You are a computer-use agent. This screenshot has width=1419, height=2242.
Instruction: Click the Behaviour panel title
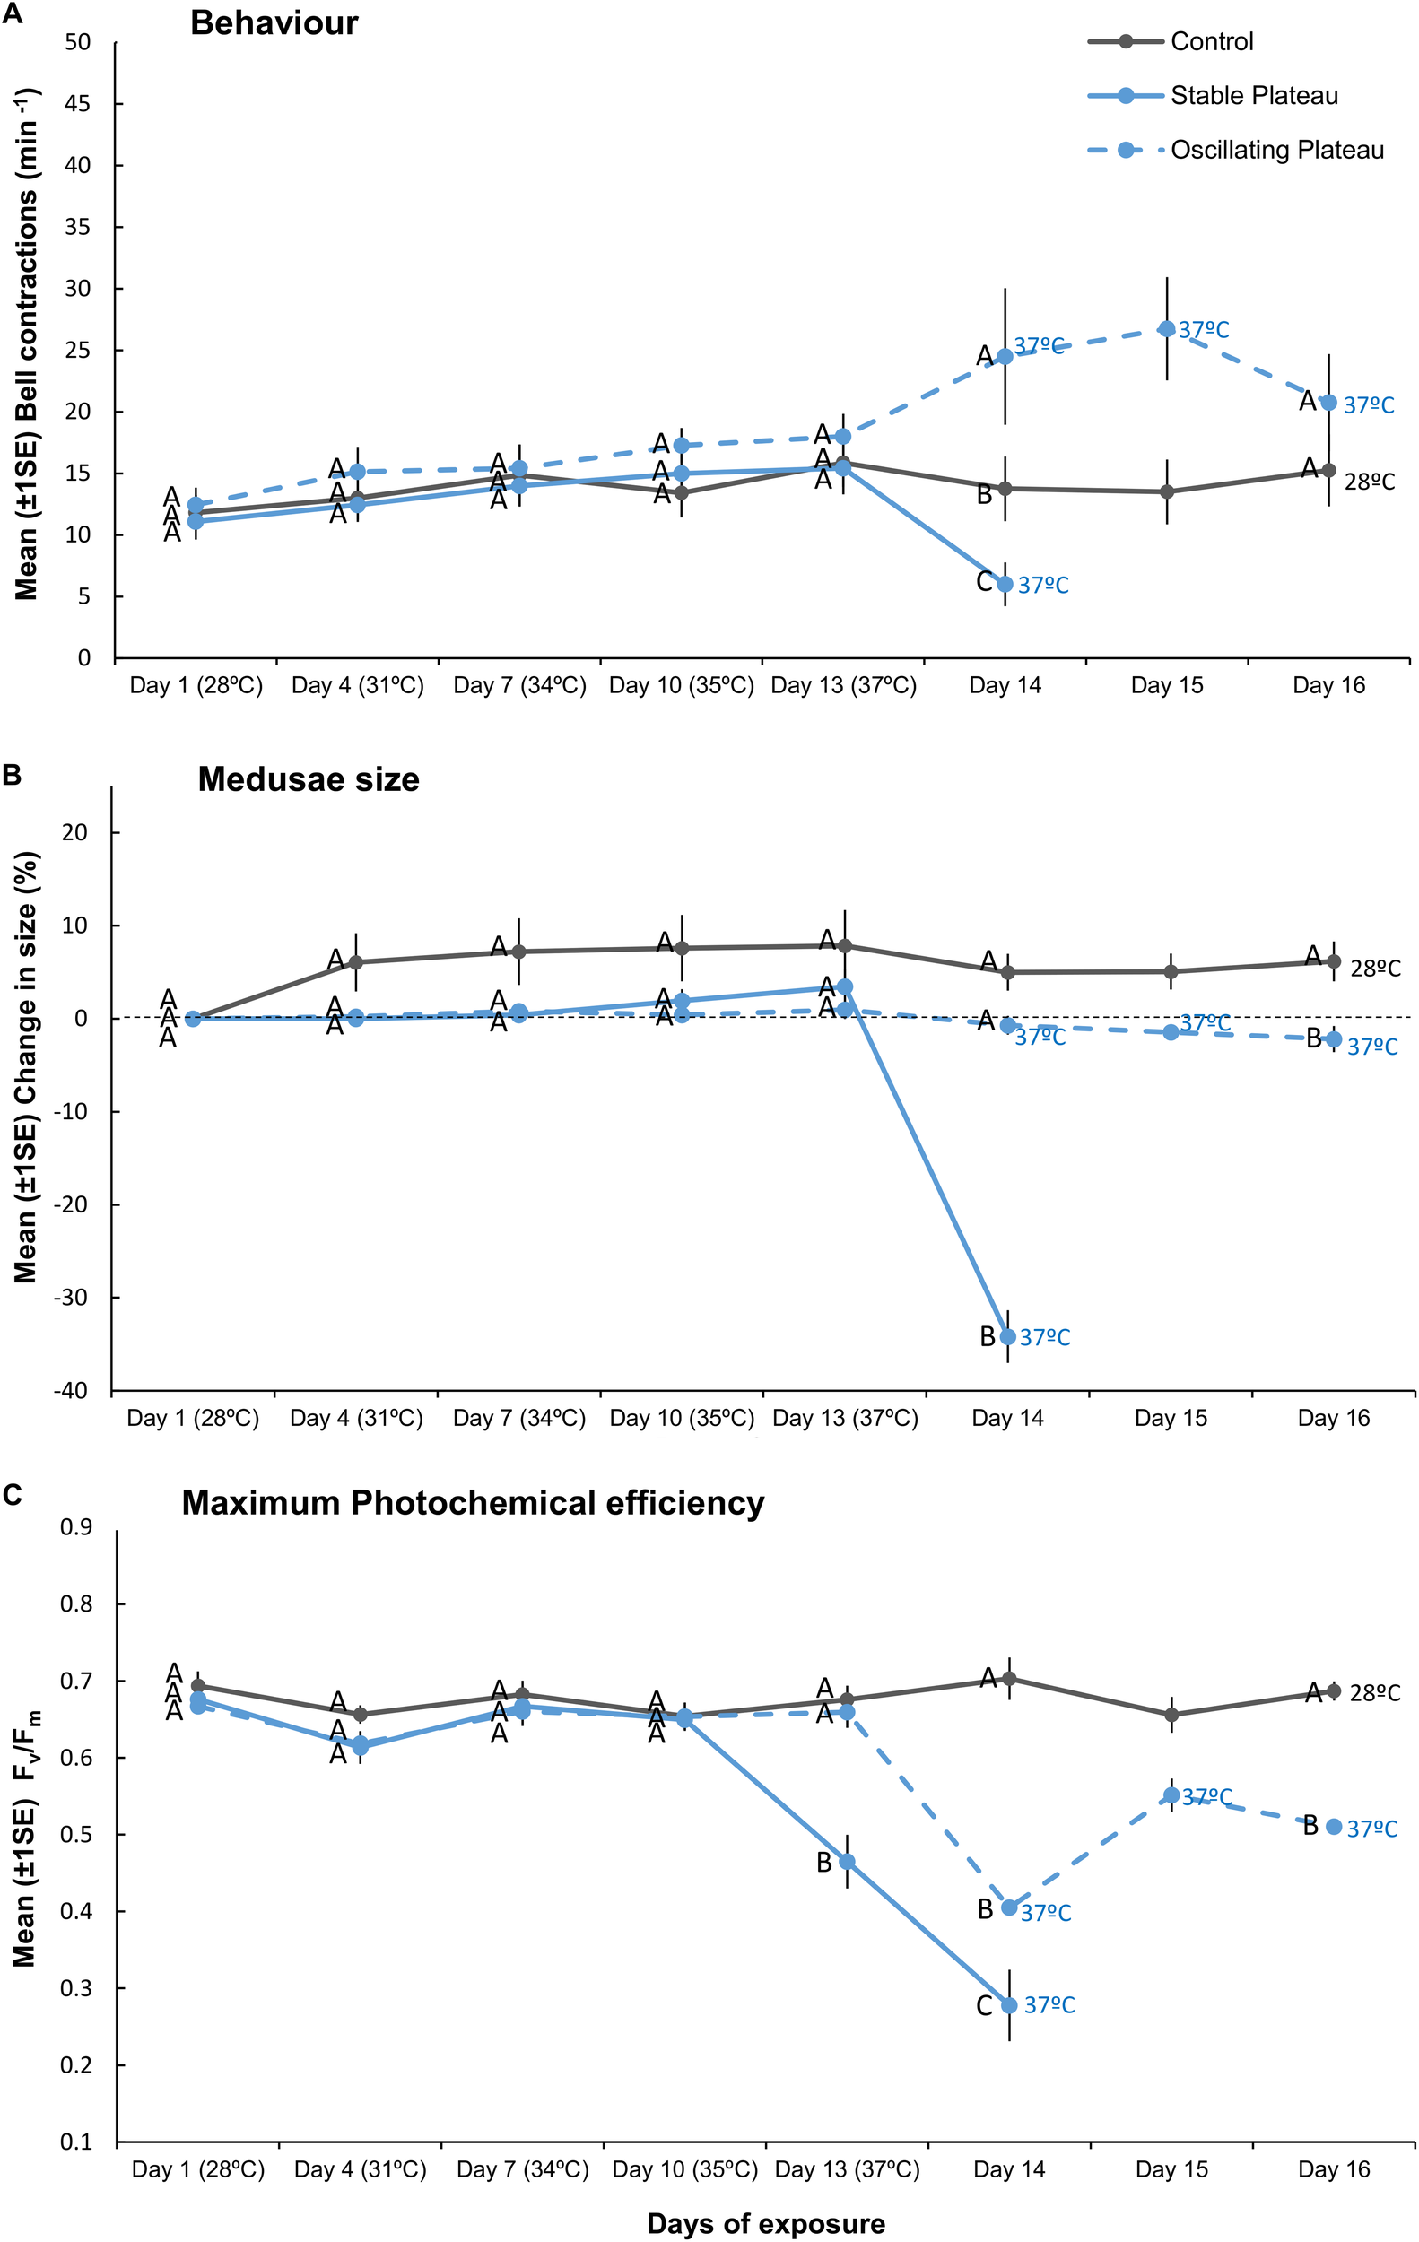coord(274,23)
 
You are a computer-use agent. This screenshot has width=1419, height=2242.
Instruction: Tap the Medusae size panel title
coord(309,779)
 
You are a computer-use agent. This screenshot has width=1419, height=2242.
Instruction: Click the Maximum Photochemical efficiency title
coord(473,1503)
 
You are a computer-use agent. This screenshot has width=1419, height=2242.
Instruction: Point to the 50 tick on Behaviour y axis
coord(78,43)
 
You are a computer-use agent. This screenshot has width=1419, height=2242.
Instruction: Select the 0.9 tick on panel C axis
coord(76,1528)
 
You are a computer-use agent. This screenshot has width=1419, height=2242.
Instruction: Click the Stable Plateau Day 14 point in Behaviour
coord(1005,584)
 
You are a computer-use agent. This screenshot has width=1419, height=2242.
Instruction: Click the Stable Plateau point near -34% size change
coord(1007,1336)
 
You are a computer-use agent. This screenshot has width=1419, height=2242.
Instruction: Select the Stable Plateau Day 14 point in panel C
coord(1009,2004)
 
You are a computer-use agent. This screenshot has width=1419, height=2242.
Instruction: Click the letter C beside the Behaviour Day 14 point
coord(984,582)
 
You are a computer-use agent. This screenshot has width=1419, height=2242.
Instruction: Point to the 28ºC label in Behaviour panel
coord(1369,482)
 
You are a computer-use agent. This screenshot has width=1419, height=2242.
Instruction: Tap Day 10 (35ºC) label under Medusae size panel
coord(682,1418)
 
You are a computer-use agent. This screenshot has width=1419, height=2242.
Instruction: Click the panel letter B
coord(11,775)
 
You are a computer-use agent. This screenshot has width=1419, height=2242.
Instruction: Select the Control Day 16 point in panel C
coord(1333,1690)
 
